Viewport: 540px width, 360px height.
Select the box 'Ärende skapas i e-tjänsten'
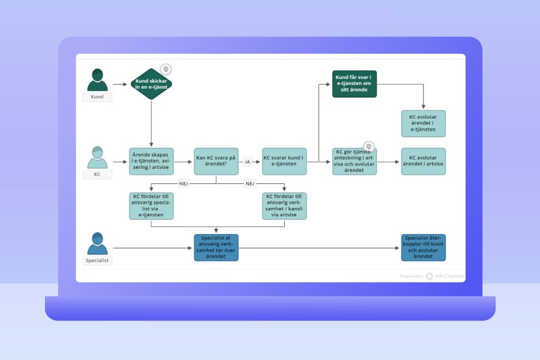click(x=151, y=161)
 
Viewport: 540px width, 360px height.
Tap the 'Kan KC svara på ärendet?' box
click(x=216, y=161)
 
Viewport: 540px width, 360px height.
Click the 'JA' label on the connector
click(x=247, y=162)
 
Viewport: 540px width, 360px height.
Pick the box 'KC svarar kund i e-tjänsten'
click(x=284, y=161)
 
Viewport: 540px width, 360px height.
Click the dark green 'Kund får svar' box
click(x=354, y=84)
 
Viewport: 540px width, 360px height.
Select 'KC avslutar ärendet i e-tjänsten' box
click(x=423, y=123)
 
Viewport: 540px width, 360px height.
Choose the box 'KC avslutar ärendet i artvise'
click(x=423, y=161)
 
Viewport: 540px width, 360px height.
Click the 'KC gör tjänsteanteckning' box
click(x=354, y=161)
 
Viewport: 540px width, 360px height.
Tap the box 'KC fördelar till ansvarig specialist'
click(x=151, y=205)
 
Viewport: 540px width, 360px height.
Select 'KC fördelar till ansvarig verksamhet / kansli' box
click(x=284, y=205)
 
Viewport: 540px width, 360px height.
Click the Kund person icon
click(x=97, y=80)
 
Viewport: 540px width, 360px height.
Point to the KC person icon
click(x=97, y=158)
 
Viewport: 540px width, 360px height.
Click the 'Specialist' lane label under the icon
click(x=97, y=261)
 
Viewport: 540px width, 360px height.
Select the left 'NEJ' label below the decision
click(x=183, y=183)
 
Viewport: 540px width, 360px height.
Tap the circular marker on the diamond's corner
click(x=166, y=69)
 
